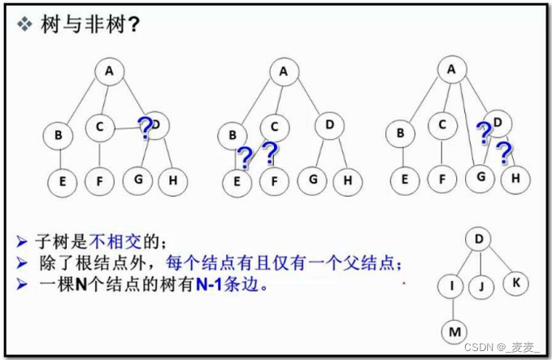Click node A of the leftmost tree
110,72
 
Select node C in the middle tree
275,127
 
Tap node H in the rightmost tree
515,179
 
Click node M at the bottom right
455,332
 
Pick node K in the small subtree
516,283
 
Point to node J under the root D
481,286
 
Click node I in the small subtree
452,286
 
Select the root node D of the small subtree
479,239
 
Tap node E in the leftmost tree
63,182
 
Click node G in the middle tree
312,180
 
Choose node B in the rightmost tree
400,134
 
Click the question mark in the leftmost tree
145,128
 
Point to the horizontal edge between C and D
128,128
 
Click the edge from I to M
453,309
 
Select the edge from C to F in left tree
100,154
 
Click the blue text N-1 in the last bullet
209,284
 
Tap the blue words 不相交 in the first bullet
115,241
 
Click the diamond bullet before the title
24,24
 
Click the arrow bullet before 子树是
22,242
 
